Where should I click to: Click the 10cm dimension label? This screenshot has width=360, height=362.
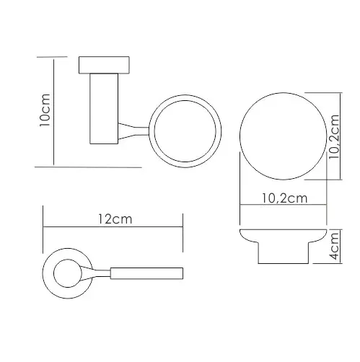pyautogui.click(x=45, y=110)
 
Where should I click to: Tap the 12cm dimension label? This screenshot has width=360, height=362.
pyautogui.click(x=115, y=219)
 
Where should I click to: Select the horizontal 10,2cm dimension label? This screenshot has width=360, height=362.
pyautogui.click(x=284, y=198)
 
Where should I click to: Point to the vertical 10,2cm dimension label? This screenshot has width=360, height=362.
pyautogui.click(x=334, y=136)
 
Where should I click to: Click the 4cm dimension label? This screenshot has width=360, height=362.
pyautogui.click(x=334, y=246)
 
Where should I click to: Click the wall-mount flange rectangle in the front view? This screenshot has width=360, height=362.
pyautogui.click(x=104, y=65)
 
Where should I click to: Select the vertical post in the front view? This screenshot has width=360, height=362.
pyautogui.click(x=104, y=109)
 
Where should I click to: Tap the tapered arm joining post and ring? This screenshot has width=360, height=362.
pyautogui.click(x=133, y=131)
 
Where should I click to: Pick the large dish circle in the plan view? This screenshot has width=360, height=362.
pyautogui.click(x=284, y=93)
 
